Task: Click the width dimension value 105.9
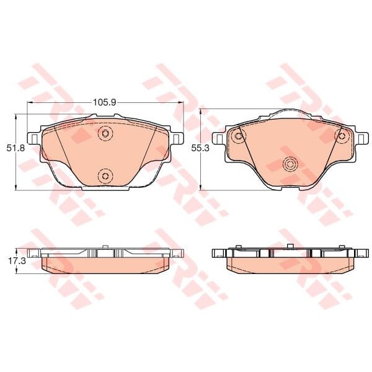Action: [105, 102]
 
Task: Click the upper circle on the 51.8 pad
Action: [105, 133]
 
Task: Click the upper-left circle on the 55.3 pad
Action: [237, 136]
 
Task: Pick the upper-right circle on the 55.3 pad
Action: [340, 136]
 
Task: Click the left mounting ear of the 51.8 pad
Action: [33, 138]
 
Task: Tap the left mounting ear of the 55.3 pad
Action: [219, 138]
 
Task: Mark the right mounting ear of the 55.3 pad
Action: [360, 138]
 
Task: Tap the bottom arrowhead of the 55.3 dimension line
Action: [201, 188]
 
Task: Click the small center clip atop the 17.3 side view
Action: [105, 248]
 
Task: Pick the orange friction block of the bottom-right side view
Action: [290, 265]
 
